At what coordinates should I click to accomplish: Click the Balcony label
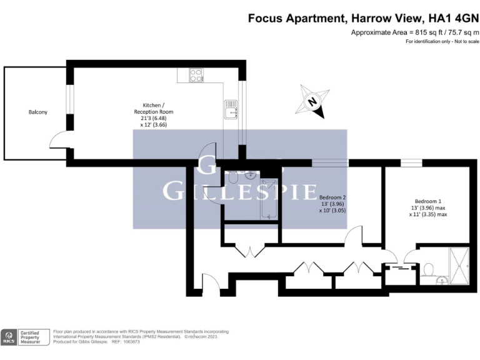click(x=37, y=112)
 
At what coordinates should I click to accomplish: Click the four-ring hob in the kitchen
click(x=196, y=75)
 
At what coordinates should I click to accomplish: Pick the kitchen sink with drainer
click(x=231, y=109)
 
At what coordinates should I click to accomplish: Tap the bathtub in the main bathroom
click(x=269, y=199)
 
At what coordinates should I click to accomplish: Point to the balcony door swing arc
click(x=59, y=139)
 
